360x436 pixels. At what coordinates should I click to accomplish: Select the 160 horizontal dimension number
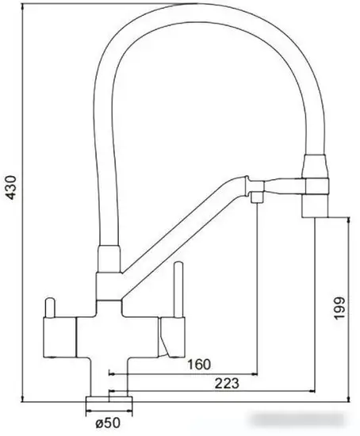click(200, 365)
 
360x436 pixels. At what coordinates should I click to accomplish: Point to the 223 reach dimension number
click(227, 384)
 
